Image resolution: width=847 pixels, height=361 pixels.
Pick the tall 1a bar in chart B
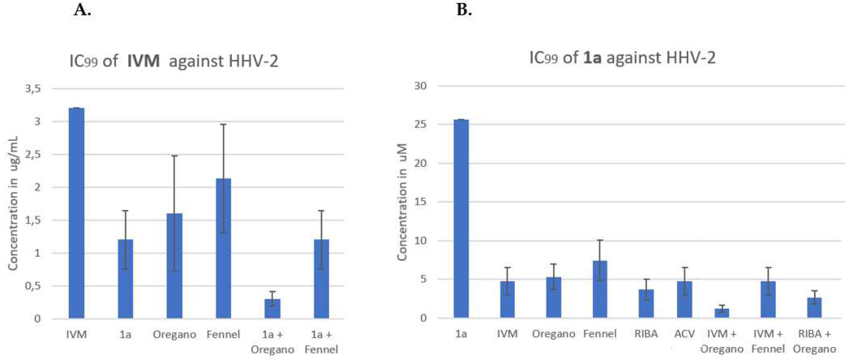461,219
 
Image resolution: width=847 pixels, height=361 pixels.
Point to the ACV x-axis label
685,334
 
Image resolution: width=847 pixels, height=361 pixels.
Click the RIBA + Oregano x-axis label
814,341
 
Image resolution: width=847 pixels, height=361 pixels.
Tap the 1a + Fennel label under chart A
321,342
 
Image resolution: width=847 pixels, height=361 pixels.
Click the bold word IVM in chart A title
143,61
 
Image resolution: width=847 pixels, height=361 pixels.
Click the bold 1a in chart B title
592,58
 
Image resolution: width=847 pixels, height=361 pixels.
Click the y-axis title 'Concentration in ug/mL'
13,203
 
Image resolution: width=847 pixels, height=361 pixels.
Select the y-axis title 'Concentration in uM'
402,202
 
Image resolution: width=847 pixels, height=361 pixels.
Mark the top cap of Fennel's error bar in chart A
223,124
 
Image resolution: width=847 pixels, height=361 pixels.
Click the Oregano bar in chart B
554,298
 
